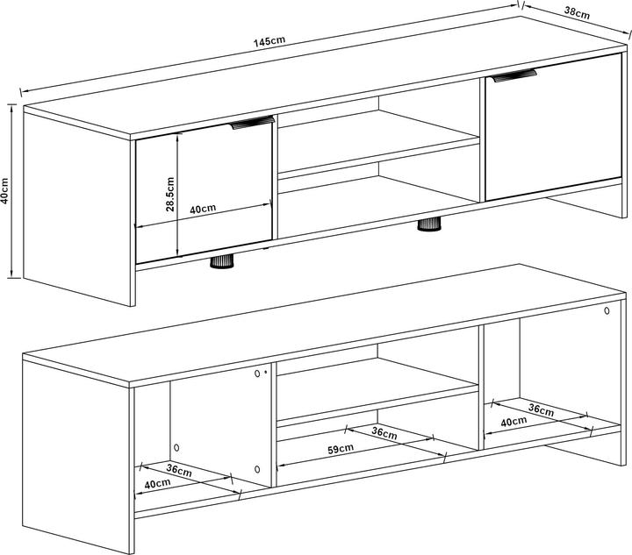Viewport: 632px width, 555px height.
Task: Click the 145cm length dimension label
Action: coord(269,41)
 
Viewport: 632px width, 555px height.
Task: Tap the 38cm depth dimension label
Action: coord(577,13)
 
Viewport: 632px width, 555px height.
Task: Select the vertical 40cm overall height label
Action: coord(5,191)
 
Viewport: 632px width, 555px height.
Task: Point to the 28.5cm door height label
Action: coord(169,195)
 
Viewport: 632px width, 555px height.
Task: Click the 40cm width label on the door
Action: coord(203,209)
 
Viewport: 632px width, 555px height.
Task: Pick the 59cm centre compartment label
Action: coord(341,449)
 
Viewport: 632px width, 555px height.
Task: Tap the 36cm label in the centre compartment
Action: coord(384,433)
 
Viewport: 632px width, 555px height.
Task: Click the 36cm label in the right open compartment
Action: coord(541,409)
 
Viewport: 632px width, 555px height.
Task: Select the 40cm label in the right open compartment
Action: coord(513,422)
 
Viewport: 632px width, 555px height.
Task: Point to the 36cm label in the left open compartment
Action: coord(179,471)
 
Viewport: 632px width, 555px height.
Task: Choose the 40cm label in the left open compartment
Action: coord(157,483)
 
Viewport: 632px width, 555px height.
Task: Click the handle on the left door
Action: coord(253,123)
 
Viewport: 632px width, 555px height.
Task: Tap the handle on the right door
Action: coord(513,75)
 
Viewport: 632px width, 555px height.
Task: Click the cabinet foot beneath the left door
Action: coord(222,262)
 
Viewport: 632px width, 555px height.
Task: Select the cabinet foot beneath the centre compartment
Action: coord(429,224)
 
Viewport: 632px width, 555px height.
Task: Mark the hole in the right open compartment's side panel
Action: coord(607,310)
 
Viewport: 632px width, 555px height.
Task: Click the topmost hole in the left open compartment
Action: coord(257,374)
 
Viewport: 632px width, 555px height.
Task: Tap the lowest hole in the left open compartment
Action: coord(257,469)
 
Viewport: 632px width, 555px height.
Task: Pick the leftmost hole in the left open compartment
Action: coord(176,447)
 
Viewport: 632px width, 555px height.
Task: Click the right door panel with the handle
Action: coord(553,127)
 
